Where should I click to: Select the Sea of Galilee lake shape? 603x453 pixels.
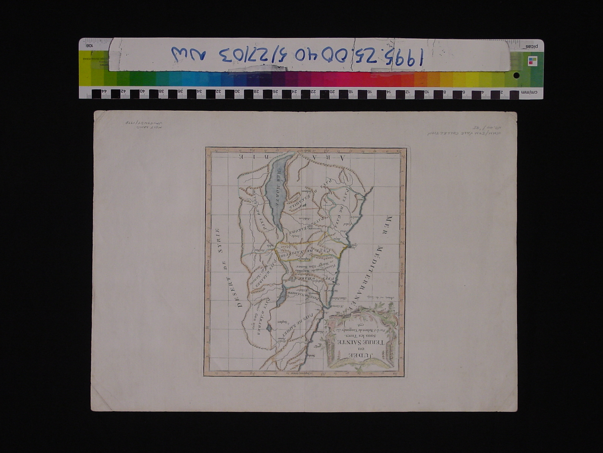pos(282,297)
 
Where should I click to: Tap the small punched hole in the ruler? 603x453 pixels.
pos(516,75)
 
